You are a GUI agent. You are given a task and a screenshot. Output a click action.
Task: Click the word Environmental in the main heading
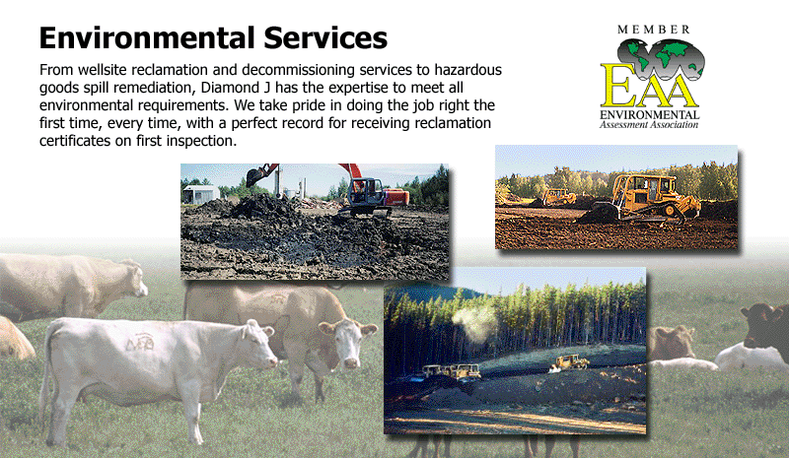147,37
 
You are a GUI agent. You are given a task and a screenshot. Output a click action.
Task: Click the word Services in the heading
325,37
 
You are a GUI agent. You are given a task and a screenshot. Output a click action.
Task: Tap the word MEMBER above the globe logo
654,30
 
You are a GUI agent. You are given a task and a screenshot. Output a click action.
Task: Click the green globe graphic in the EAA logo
661,59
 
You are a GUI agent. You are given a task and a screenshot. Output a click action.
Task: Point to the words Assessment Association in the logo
649,124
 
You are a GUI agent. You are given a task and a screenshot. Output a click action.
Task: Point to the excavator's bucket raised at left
257,175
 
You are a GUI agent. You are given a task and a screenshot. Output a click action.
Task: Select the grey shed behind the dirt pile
201,194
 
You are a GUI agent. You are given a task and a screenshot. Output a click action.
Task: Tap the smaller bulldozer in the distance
558,197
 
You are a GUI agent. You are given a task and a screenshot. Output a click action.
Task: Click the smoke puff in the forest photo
474,321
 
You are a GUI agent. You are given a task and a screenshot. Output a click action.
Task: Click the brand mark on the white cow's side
140,343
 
